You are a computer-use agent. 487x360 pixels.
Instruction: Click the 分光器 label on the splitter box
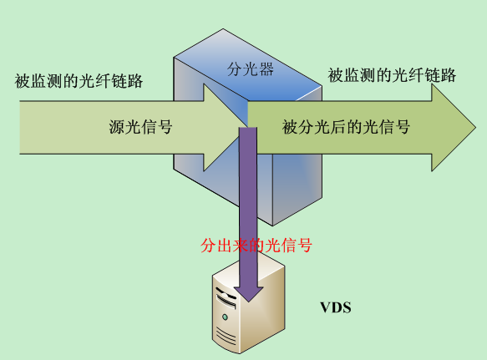pos(251,69)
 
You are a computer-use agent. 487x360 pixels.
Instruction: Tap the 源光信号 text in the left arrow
pos(140,127)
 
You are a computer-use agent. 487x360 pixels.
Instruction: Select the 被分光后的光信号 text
pos(346,127)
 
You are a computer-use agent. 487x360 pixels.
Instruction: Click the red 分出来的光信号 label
pos(256,246)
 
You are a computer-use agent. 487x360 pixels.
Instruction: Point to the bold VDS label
pos(336,307)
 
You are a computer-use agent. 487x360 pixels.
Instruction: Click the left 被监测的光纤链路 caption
pos(79,81)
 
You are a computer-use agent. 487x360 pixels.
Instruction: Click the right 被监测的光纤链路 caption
pos(392,75)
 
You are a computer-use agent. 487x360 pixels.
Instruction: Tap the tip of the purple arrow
pos(248,302)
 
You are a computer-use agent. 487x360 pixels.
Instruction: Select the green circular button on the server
pos(225,317)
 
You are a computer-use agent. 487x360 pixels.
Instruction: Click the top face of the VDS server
pos(248,271)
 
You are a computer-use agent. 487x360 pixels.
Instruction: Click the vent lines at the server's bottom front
pos(226,335)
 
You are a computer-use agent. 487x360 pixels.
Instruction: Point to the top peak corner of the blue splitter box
pos(223,29)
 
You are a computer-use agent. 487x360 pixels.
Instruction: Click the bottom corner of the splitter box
pos(272,226)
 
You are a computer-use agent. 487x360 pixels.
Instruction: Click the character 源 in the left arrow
pos(116,127)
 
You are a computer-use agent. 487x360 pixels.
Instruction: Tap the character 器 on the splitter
pos(266,69)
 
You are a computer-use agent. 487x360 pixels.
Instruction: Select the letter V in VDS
pos(325,307)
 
